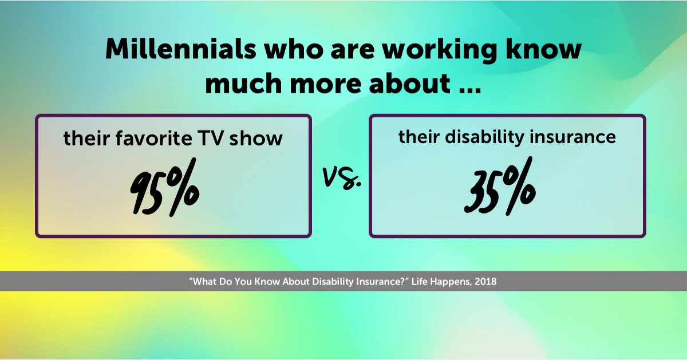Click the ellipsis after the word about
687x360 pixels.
466,84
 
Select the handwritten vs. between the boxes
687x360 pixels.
342,179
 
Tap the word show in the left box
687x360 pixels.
262,139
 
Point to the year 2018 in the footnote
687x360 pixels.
485,282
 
